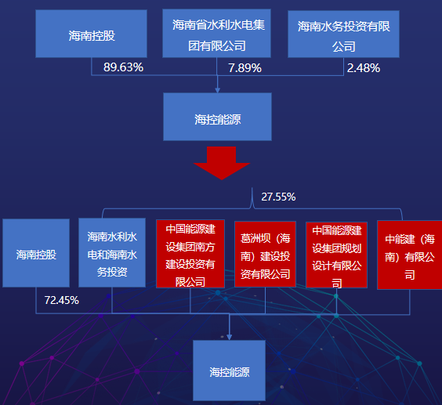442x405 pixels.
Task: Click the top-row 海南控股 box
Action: pyautogui.click(x=92, y=34)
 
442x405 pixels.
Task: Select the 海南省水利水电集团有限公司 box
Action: pyautogui.click(x=216, y=33)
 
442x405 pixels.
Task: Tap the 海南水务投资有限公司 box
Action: pyautogui.click(x=343, y=34)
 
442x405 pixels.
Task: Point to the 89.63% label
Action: pyautogui.click(x=123, y=67)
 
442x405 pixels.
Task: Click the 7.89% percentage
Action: pyautogui.click(x=245, y=68)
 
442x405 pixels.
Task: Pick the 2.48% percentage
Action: pyautogui.click(x=364, y=68)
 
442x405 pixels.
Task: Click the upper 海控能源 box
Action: pyautogui.click(x=217, y=117)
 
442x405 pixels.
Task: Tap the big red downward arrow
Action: pyautogui.click(x=222, y=163)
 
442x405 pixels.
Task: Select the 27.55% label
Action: pyautogui.click(x=278, y=197)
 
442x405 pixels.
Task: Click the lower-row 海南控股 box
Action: pyautogui.click(x=36, y=253)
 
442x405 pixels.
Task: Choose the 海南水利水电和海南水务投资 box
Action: pyautogui.click(x=112, y=253)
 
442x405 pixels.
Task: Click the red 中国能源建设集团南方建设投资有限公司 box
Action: pyautogui.click(x=190, y=254)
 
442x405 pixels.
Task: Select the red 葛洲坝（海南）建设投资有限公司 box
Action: pyautogui.click(x=265, y=255)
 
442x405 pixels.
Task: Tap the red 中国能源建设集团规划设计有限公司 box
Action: pyautogui.click(x=336, y=255)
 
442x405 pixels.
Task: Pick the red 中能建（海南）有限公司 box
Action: pyautogui.click(x=410, y=255)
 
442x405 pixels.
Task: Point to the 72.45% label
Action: pyautogui.click(x=61, y=301)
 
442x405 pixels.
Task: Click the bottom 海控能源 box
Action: pyautogui.click(x=229, y=371)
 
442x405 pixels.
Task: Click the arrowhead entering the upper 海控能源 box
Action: pyautogui.click(x=217, y=90)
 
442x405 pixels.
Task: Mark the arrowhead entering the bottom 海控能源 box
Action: pyautogui.click(x=229, y=337)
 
